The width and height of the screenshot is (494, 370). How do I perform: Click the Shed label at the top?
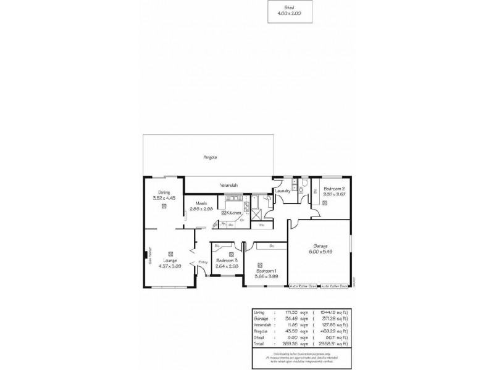(289, 7)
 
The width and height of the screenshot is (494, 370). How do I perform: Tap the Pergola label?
(211, 158)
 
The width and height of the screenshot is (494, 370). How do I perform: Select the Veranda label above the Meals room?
(228, 184)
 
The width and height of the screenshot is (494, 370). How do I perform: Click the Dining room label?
(164, 192)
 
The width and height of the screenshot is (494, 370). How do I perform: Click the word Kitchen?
(233, 213)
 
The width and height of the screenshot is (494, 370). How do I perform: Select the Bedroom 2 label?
(334, 188)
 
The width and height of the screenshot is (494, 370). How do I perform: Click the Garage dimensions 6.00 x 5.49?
(320, 252)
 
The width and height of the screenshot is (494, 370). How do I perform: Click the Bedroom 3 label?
(226, 261)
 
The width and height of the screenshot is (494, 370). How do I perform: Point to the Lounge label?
(169, 260)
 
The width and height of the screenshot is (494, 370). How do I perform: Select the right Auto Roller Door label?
(334, 286)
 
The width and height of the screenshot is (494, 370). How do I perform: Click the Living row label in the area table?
(259, 313)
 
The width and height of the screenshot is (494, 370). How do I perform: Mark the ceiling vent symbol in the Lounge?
(169, 253)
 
